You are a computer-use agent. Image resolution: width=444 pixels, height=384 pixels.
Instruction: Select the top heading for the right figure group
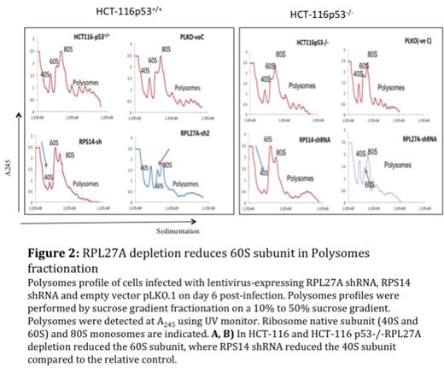tap(332, 15)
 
